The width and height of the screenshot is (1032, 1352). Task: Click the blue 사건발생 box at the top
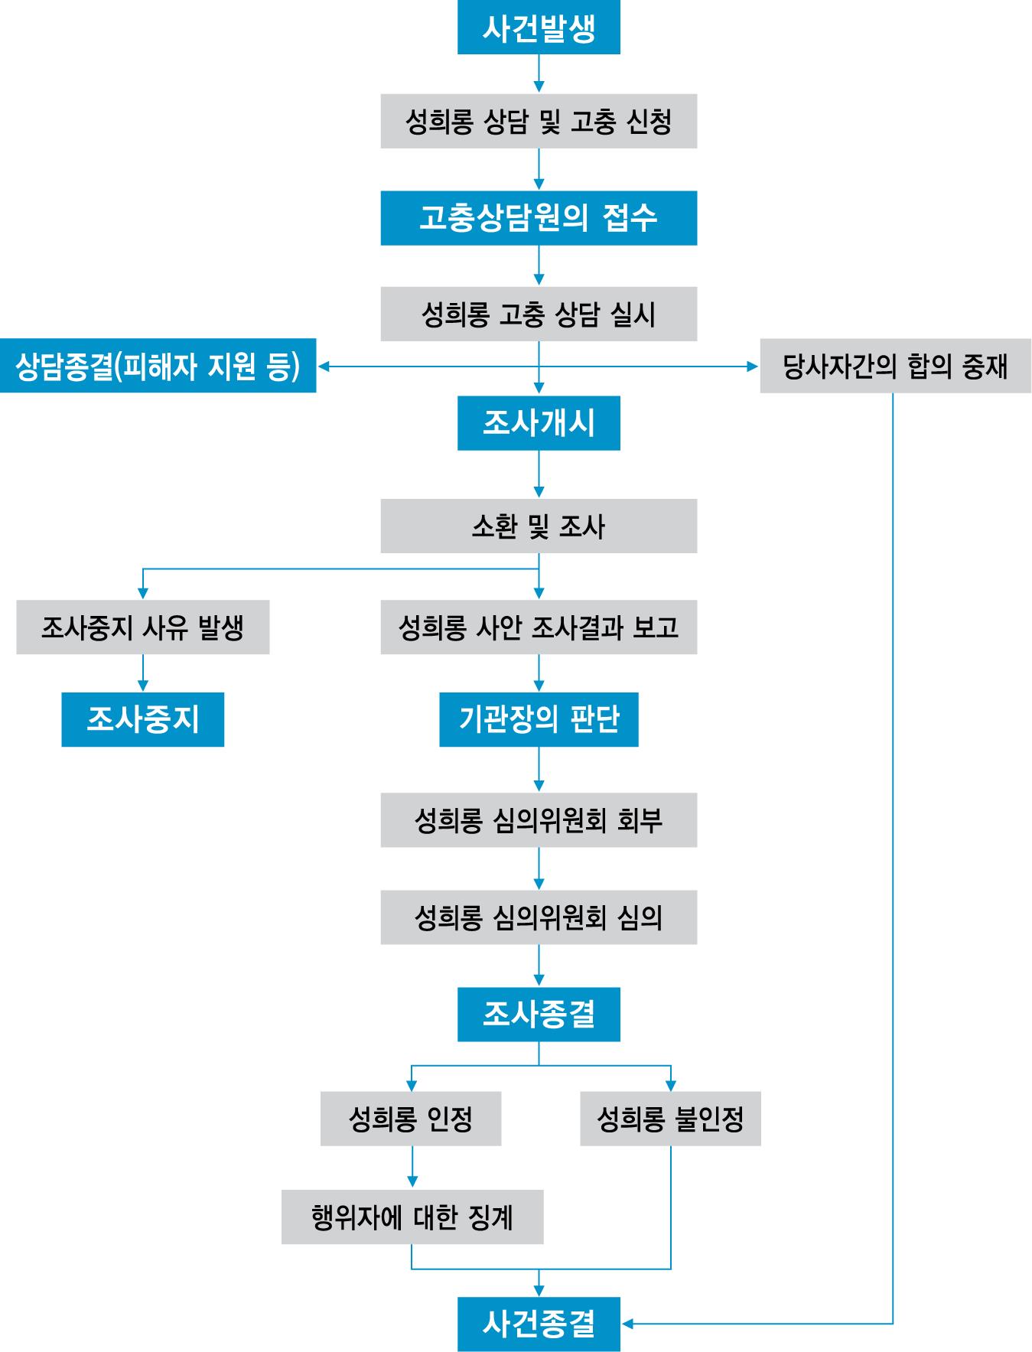coord(539,28)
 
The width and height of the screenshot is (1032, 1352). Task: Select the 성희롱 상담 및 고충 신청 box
coord(539,121)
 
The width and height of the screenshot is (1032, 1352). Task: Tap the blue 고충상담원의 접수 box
coord(539,218)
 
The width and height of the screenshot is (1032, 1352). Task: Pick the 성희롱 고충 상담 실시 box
coord(539,314)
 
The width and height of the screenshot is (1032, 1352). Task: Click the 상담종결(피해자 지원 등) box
coord(158,366)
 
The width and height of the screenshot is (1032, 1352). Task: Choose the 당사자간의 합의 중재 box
coord(895,366)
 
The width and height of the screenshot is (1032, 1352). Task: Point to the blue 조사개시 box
coord(539,423)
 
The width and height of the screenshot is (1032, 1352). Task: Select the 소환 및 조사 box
coord(539,526)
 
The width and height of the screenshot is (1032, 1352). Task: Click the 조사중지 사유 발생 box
coord(143,627)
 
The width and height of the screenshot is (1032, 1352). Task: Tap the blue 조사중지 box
coord(143,719)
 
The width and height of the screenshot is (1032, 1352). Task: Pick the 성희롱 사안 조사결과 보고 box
coord(539,627)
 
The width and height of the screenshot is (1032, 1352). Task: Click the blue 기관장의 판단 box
coord(539,719)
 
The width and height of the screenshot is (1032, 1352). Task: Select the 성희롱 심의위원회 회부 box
coord(539,820)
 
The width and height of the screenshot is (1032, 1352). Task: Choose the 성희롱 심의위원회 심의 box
coord(539,917)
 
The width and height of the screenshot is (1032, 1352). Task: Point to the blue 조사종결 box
coord(539,1015)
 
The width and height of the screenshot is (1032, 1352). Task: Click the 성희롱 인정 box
coord(411,1119)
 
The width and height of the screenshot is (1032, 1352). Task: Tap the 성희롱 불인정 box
coord(670,1119)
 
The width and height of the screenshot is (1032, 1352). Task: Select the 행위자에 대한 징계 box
coord(412,1217)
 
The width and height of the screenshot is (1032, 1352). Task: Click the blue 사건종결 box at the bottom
coord(539,1324)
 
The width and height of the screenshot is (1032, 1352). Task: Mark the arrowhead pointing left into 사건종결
coord(627,1323)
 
